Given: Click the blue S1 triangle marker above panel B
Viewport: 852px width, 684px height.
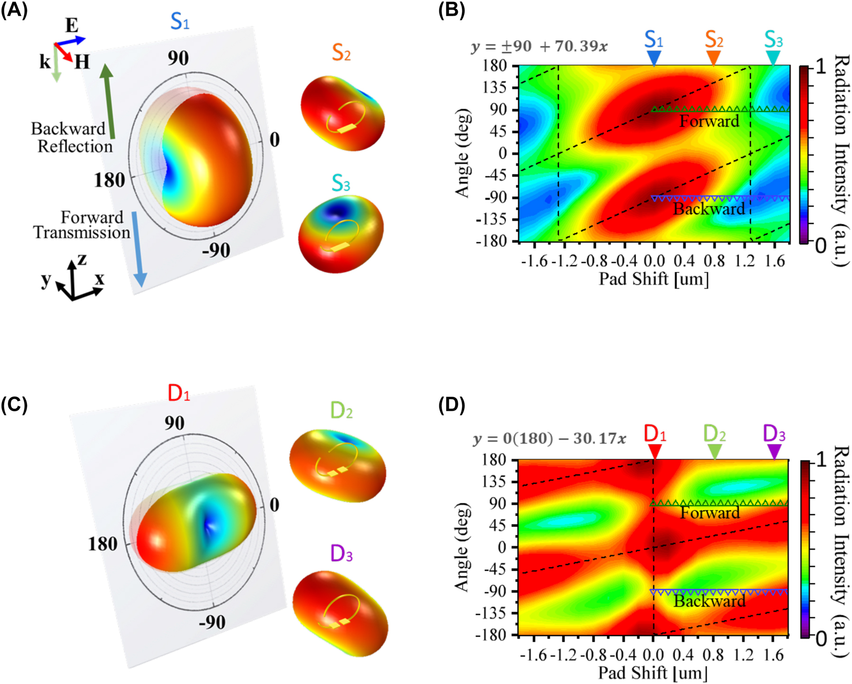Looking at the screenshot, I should pos(654,57).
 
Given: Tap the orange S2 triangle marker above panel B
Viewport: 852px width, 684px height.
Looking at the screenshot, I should pos(713,57).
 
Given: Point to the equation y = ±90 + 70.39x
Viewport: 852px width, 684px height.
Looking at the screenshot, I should pos(539,47).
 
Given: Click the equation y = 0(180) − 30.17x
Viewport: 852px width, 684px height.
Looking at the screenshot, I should pos(549,439).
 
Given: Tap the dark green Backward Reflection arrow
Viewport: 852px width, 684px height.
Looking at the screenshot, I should pos(109,102).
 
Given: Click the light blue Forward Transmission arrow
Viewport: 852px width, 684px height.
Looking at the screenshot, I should pos(139,249).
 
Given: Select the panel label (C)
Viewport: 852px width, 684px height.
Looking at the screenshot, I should pos(14,405).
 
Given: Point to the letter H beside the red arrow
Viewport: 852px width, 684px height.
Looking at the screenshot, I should pos(82,62).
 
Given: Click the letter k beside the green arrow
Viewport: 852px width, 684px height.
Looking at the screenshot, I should pos(45,62).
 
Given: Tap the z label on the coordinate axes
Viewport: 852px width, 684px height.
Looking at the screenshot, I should pos(82,259).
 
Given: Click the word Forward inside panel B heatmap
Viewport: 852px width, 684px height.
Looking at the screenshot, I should pos(709,121).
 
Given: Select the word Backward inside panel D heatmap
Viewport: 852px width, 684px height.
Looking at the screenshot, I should pos(709,601).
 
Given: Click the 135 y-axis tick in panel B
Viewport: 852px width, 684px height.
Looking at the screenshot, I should pos(495,88).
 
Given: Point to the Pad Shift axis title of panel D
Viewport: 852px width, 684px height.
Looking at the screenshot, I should pos(653,673).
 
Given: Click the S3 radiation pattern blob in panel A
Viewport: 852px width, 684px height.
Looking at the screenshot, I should pos(341,233).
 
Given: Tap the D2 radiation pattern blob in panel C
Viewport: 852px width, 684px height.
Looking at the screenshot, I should pos(338,465).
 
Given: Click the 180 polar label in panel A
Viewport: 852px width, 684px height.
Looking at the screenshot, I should pos(110,181).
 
